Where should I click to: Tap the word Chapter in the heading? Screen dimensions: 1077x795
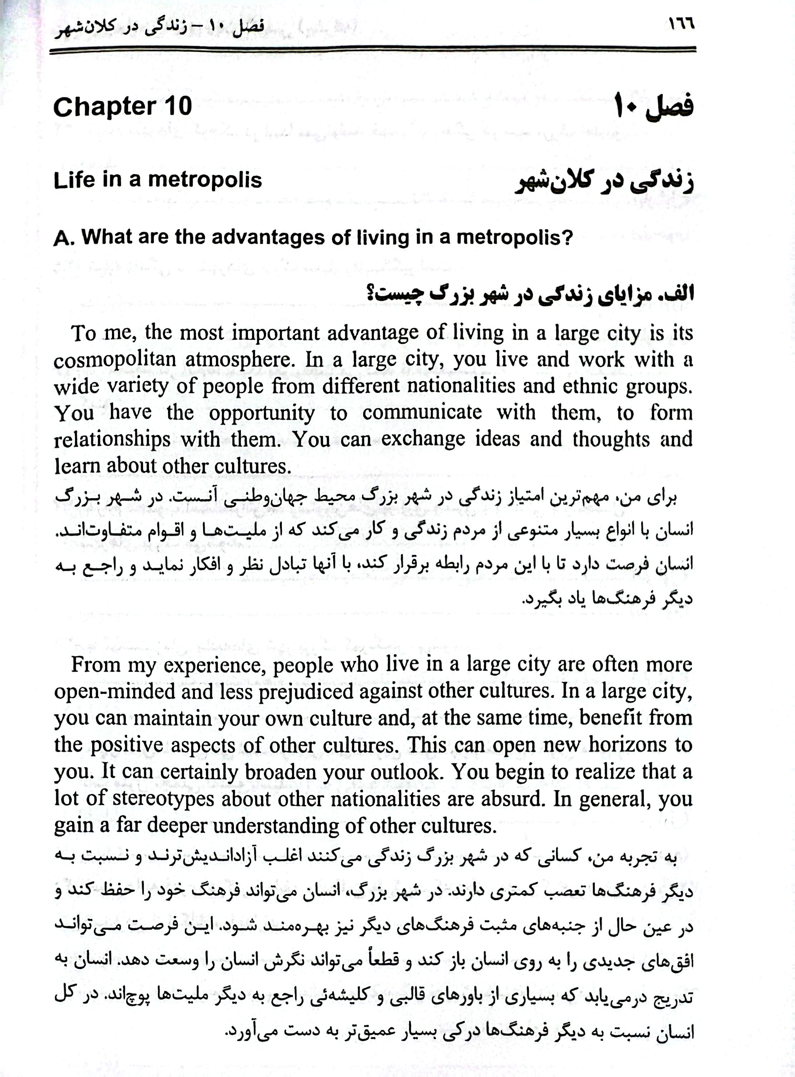[102, 106]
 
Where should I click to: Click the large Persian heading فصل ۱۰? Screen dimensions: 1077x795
[655, 107]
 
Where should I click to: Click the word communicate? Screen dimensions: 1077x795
[422, 412]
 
